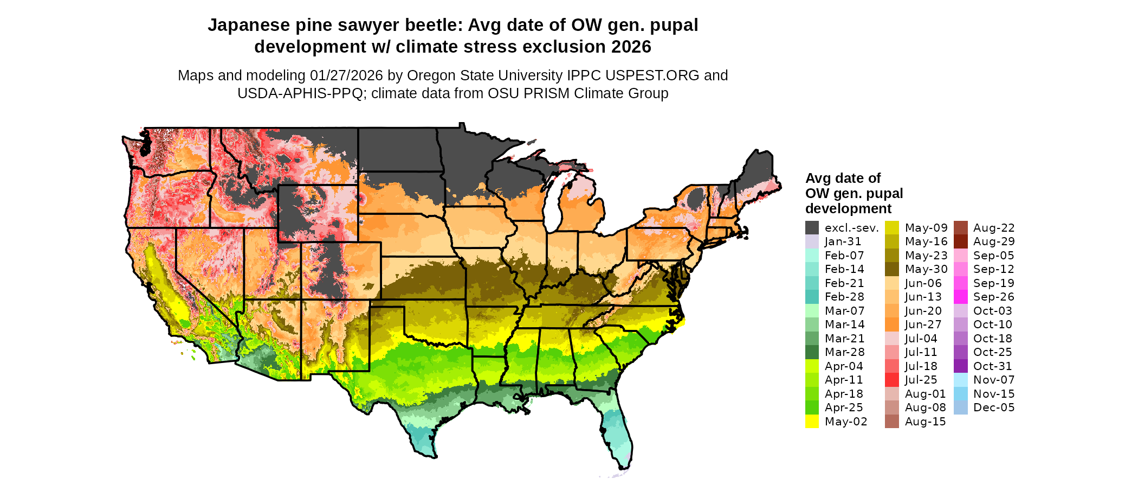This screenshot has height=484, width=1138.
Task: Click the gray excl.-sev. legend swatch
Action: [812, 228]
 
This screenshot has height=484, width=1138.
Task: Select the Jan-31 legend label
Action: [843, 242]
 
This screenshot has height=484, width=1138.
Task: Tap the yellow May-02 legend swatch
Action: [812, 422]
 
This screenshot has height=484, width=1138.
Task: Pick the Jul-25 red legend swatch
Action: [892, 380]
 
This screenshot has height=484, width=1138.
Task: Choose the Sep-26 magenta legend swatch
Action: [960, 297]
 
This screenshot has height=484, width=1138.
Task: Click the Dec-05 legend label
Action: [994, 407]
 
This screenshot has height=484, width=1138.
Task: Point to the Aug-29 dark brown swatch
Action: [960, 241]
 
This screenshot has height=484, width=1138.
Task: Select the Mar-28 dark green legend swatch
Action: [812, 352]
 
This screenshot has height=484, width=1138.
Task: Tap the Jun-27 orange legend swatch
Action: [892, 324]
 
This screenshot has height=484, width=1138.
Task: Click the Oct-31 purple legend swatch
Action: [960, 366]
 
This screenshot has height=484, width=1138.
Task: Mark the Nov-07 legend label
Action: [994, 380]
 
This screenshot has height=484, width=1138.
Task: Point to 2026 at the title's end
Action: [631, 47]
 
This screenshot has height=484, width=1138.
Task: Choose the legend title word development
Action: [848, 209]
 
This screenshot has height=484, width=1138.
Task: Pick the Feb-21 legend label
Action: [844, 283]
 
